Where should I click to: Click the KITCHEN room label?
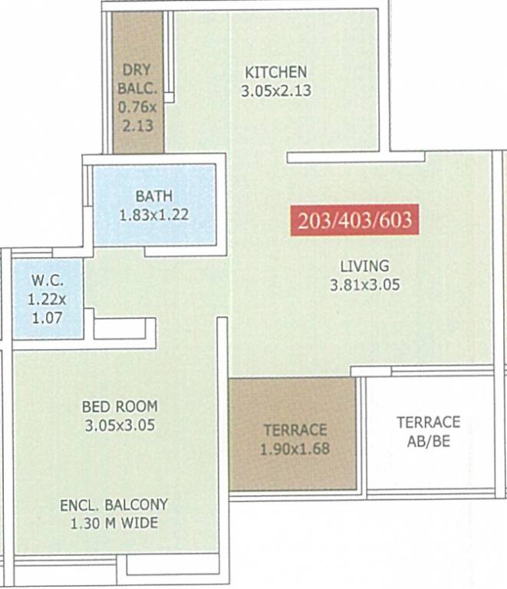pos(275,72)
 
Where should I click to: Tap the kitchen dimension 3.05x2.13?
pos(277,90)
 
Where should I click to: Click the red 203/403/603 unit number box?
pos(354,220)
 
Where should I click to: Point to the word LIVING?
pos(365,267)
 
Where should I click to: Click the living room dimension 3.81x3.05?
pos(365,285)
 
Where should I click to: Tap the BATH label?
pos(154,197)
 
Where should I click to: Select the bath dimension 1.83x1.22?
pos(154,216)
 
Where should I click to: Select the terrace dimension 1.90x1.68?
pos(295,449)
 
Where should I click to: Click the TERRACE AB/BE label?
pos(428,431)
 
